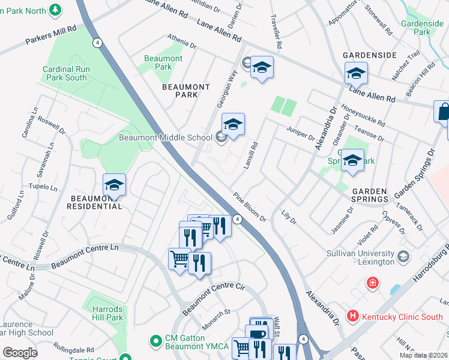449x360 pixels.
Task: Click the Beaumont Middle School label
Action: pyautogui.click(x=166, y=137)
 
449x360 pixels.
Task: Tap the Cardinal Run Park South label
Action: pyautogui.click(x=67, y=73)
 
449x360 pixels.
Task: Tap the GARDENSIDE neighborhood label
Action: pyautogui.click(x=370, y=55)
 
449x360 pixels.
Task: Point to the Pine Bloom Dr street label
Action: pyautogui.click(x=249, y=206)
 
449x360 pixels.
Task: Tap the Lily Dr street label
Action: pyautogui.click(x=289, y=217)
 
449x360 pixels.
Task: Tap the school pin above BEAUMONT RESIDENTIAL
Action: pyautogui.click(x=114, y=184)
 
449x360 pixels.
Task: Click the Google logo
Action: pyautogui.click(x=20, y=353)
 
